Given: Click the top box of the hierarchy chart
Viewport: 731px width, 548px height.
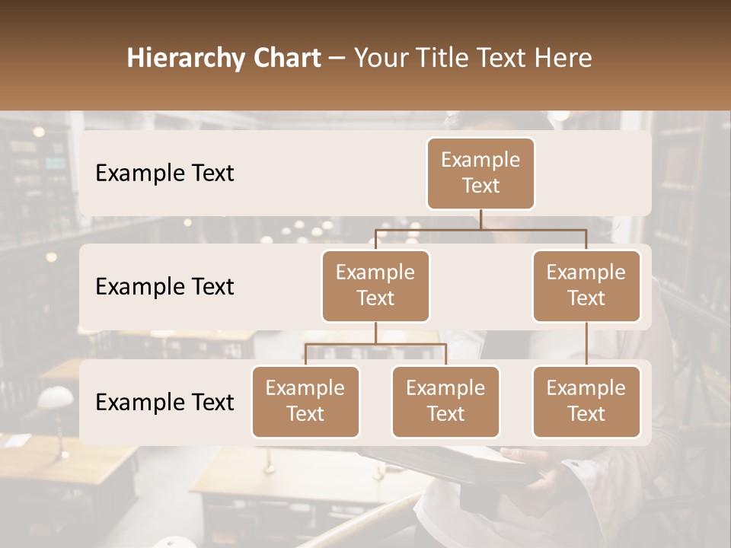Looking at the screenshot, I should tap(480, 173).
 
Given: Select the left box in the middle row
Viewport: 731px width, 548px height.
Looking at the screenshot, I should tap(375, 285).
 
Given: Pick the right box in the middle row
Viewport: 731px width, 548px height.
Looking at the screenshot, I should tap(586, 285).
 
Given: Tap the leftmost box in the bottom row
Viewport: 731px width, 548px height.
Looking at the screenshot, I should tap(305, 401).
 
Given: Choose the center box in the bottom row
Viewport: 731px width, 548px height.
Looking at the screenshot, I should tap(445, 401).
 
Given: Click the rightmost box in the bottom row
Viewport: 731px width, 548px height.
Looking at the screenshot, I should tap(586, 401).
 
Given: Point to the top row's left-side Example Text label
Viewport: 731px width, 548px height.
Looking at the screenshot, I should tap(164, 173).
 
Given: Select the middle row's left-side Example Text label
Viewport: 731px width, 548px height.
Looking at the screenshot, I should tap(164, 286).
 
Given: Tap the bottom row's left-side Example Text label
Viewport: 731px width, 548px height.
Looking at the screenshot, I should tap(164, 402).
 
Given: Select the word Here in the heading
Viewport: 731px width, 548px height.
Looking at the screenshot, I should tap(564, 58).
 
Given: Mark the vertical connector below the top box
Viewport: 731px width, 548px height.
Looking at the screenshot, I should tap(480, 219).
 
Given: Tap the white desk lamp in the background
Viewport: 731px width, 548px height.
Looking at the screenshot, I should tap(55, 398).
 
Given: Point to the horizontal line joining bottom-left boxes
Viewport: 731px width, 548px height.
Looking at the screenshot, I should tap(375, 344).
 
